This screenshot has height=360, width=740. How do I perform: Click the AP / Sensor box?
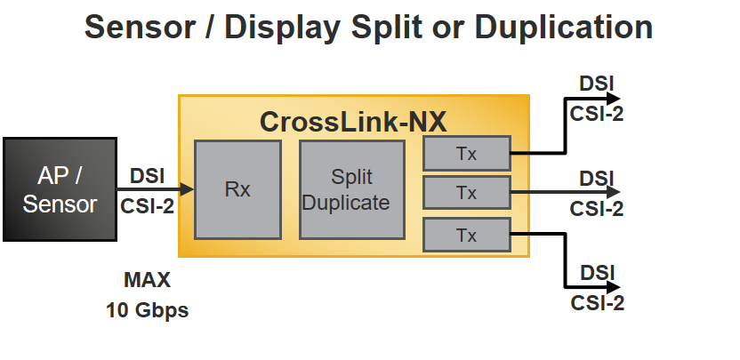tap(60, 189)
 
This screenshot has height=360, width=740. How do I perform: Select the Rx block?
tap(237, 189)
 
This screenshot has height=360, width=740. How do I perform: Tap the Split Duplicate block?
tap(346, 189)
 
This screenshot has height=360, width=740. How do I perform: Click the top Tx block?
tap(466, 153)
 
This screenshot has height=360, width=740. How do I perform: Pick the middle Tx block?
tap(466, 191)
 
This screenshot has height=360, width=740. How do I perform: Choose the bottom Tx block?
tap(466, 236)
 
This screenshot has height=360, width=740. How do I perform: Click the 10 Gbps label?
tap(147, 311)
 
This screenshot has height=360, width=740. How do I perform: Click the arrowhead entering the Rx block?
tap(187, 188)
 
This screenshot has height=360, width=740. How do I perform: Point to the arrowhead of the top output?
tap(613, 100)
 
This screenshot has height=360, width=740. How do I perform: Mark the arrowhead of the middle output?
tap(613, 191)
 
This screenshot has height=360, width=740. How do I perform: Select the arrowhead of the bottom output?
tap(613, 286)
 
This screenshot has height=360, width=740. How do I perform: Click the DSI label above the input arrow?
tap(147, 175)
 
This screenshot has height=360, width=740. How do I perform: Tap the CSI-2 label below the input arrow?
tap(147, 205)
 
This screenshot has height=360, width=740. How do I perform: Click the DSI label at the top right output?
tap(597, 84)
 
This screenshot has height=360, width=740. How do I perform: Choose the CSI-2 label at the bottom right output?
tap(597, 303)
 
